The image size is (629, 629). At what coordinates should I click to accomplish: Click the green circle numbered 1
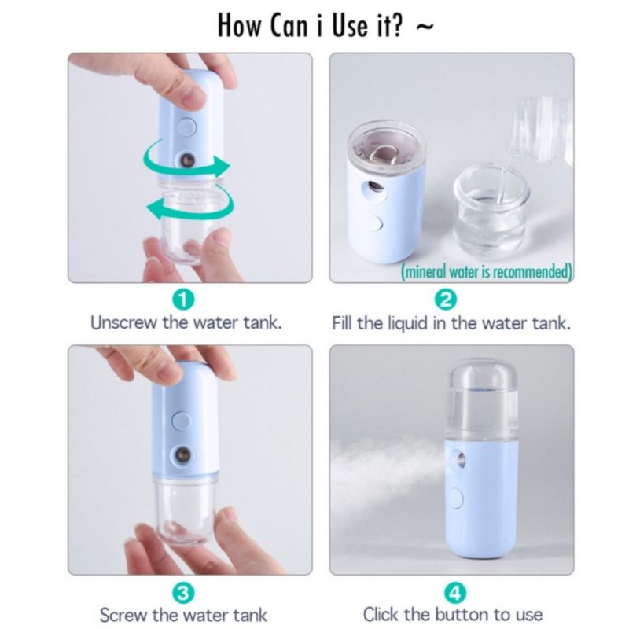pyautogui.click(x=183, y=300)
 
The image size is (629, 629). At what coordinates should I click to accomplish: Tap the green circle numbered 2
pyautogui.click(x=446, y=300)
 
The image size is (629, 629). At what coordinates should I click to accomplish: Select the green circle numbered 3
pyautogui.click(x=183, y=594)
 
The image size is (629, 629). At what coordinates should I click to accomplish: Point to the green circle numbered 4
pyautogui.click(x=455, y=594)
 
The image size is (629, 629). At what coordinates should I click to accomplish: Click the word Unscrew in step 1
pyautogui.click(x=123, y=323)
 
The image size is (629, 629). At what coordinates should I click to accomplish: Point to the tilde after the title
pyautogui.click(x=425, y=27)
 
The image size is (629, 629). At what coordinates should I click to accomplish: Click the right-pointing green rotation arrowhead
pyautogui.click(x=222, y=166)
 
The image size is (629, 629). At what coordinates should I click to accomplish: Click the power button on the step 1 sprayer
pyautogui.click(x=187, y=127)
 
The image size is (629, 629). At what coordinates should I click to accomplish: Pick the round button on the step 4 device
pyautogui.click(x=457, y=498)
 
